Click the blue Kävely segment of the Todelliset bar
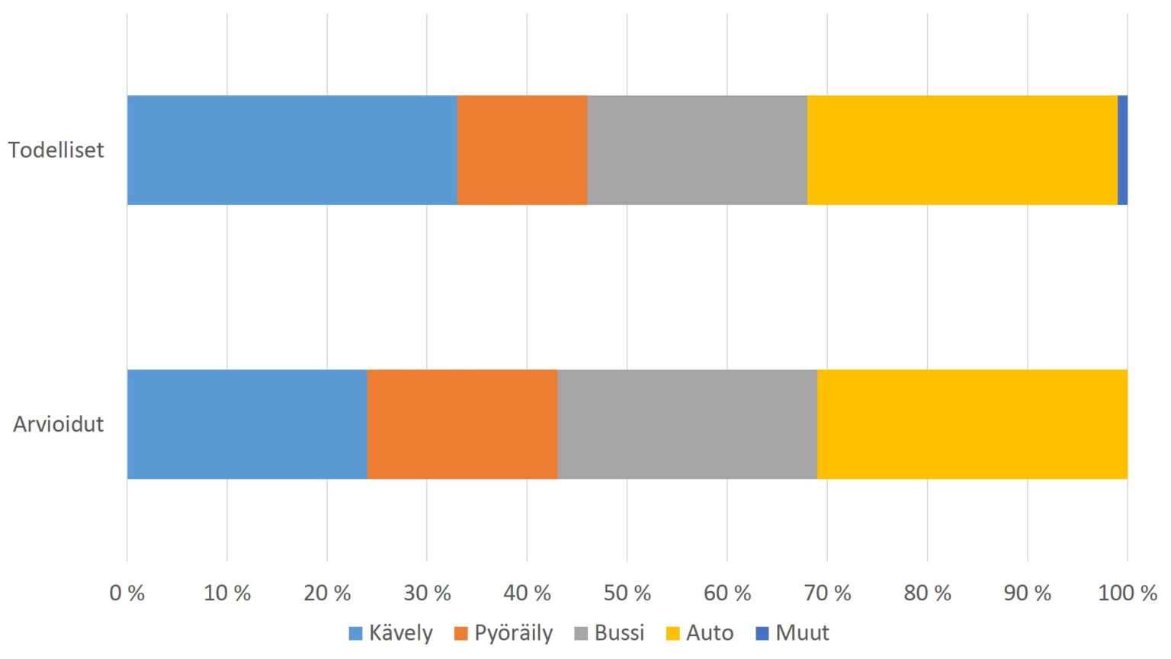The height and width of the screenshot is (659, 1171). pos(292,150)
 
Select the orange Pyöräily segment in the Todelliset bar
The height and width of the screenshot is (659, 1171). pos(522,150)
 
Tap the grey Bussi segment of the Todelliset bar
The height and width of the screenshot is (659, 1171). pos(697,150)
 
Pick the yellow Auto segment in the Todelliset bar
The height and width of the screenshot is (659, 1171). pos(962,150)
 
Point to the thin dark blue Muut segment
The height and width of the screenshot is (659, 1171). pos(1122,150)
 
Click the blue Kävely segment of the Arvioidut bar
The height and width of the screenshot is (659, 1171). pos(247,424)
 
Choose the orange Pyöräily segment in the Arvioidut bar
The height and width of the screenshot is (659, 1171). pos(462,424)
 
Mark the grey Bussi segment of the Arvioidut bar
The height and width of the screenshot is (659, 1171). pos(687,424)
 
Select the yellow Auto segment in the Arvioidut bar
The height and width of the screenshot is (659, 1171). pos(972,424)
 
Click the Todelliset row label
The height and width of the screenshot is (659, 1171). pos(56,150)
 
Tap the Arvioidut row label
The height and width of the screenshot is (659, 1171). pos(58,424)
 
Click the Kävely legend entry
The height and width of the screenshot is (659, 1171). pos(391,633)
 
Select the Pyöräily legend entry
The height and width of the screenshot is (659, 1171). pos(504,633)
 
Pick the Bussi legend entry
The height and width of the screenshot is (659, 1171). pos(610,633)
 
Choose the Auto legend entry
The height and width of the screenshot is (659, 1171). pos(700,633)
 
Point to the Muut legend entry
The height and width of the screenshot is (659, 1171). pos(793,633)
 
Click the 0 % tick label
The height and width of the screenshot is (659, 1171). pos(127,593)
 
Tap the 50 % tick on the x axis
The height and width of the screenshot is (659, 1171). pos(627,593)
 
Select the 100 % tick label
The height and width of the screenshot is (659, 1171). pos(1127,593)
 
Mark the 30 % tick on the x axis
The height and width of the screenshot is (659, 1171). pos(427,593)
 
